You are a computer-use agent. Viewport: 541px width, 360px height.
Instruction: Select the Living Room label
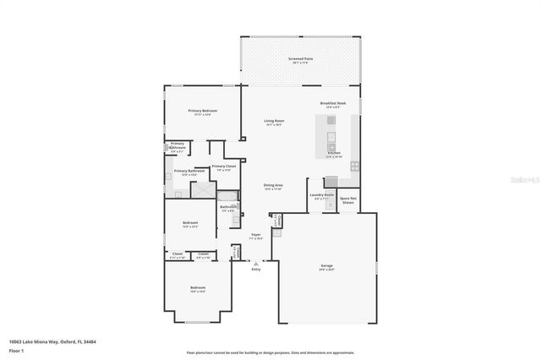(x=272, y=122)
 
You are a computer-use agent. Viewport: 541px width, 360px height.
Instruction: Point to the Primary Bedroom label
(x=200, y=112)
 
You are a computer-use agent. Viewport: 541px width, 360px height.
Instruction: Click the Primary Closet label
(x=224, y=167)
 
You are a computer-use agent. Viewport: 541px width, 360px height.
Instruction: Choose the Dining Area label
(x=272, y=187)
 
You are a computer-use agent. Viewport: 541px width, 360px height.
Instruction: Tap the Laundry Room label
(x=322, y=196)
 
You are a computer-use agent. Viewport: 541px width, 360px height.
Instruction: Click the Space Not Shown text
(x=347, y=200)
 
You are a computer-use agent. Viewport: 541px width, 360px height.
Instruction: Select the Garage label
(x=326, y=268)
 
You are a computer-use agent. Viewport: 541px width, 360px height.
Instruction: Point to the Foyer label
(x=255, y=237)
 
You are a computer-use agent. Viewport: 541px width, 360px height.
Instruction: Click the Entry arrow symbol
(x=255, y=264)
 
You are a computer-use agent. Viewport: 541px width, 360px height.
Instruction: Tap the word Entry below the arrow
(x=255, y=270)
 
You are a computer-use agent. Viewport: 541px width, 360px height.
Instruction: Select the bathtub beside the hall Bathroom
(x=228, y=195)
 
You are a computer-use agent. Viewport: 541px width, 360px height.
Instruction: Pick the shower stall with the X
(x=203, y=189)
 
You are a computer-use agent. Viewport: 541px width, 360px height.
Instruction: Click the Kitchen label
(x=334, y=154)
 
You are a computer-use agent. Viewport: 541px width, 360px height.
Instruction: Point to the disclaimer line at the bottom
(x=270, y=352)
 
